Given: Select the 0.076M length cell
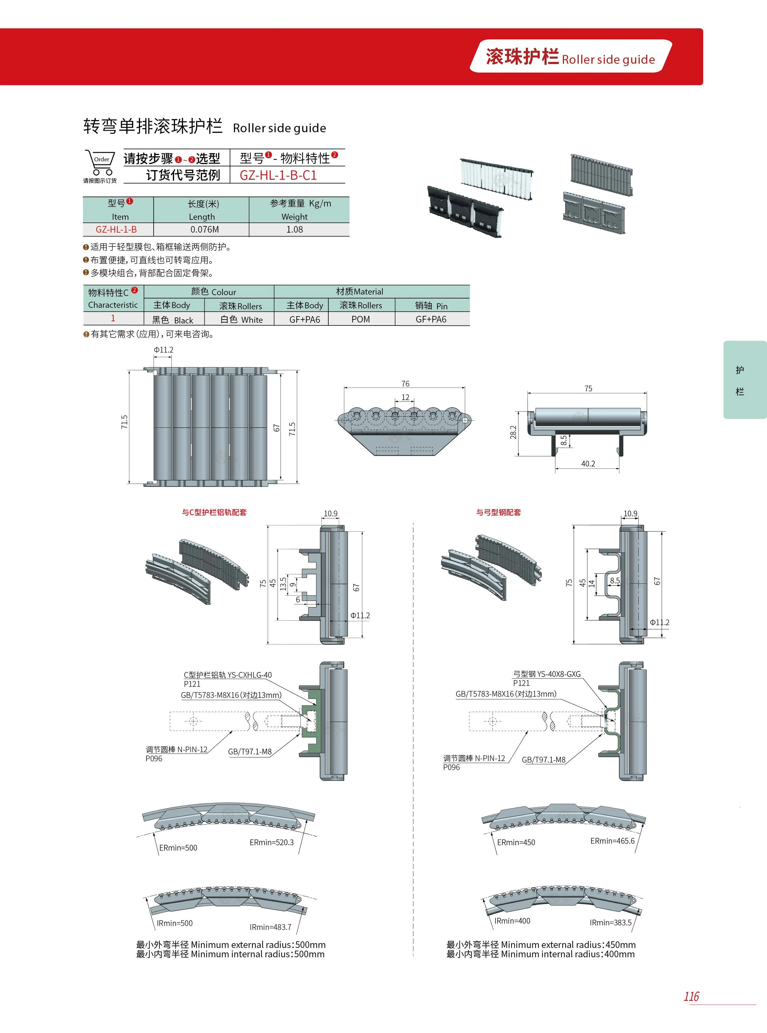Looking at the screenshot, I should (x=204, y=229).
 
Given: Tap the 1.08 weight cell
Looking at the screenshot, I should (x=294, y=229).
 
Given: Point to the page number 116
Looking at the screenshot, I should (x=691, y=996).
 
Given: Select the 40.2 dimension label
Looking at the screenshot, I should (x=588, y=463).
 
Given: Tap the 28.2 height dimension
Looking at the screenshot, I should (x=513, y=432).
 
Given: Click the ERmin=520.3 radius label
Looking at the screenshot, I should (x=271, y=842).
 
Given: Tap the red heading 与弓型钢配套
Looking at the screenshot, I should (x=498, y=512).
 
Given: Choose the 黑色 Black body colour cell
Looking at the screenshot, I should (x=172, y=320).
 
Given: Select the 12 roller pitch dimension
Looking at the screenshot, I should (x=405, y=397).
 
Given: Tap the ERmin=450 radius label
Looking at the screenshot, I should (x=516, y=842).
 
